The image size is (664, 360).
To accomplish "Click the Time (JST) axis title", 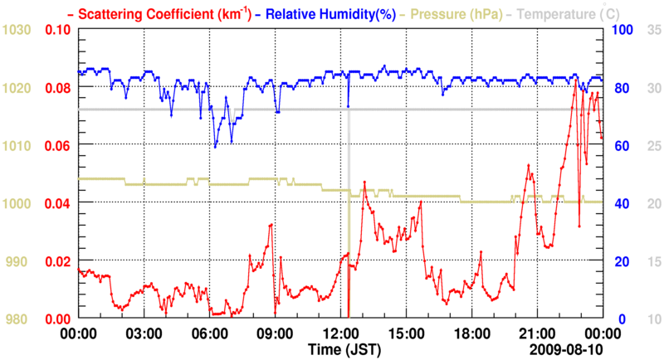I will [344, 348].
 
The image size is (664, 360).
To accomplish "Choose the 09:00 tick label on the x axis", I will [275, 333].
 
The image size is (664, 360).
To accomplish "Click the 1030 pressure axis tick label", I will [17, 30].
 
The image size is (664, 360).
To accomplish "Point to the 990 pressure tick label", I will [21, 261].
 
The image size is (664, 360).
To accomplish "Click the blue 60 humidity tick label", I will [622, 146].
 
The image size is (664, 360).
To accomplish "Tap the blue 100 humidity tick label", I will [624, 30].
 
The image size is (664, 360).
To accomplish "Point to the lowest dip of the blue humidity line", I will [215, 147].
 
